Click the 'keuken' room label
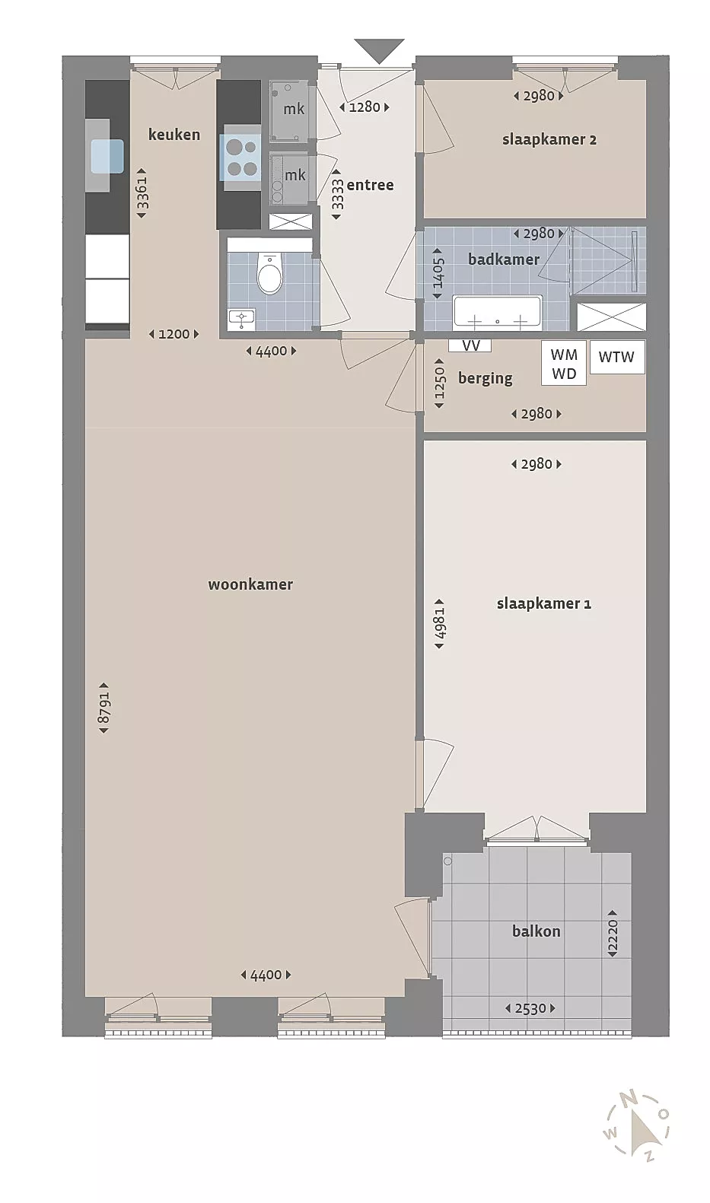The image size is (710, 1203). (x=174, y=134)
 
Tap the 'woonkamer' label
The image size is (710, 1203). (x=250, y=584)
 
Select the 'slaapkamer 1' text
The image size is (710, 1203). (x=543, y=603)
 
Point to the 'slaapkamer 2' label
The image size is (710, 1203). (x=549, y=140)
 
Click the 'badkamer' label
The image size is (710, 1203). (x=504, y=259)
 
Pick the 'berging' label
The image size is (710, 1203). (x=485, y=379)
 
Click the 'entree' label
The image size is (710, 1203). (x=370, y=186)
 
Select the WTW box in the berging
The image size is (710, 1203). (x=617, y=357)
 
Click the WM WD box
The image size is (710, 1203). (x=564, y=364)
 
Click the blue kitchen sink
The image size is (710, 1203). (x=107, y=156)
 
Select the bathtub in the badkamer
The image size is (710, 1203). (x=498, y=313)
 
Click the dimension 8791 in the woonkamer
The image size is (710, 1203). (x=103, y=708)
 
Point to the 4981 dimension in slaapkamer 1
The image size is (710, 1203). (x=439, y=623)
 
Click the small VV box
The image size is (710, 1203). (x=470, y=345)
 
